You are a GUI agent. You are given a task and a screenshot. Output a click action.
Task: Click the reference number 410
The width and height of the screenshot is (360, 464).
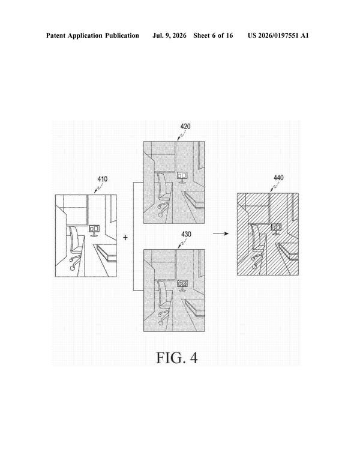coord(103,179)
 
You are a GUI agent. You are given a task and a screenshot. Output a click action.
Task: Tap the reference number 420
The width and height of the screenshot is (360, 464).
coord(185,127)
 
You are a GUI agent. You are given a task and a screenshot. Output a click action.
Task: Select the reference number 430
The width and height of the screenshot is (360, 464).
coord(186,234)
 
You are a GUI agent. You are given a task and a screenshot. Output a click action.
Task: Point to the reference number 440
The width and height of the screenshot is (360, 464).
coord(278,178)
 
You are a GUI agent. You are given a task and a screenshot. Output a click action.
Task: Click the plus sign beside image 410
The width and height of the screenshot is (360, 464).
coord(125,237)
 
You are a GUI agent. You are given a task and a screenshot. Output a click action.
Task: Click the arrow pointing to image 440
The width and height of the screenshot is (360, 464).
coord(221,234)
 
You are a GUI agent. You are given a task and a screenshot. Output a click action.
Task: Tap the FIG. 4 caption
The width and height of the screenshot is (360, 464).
coord(176,358)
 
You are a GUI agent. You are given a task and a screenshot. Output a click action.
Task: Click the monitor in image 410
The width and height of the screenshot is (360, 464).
coord(94,230)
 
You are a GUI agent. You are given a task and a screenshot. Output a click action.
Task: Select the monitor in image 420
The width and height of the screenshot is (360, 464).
coord(182,177)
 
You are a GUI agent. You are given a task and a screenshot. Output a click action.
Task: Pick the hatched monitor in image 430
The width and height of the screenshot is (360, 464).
coord(182,285)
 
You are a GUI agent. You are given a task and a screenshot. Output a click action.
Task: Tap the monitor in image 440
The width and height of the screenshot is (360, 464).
coord(276,229)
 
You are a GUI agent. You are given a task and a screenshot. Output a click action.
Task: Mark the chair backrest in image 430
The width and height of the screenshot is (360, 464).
coord(161,294)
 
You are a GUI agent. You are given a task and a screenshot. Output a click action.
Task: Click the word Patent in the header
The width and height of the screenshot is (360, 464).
coord(56,35)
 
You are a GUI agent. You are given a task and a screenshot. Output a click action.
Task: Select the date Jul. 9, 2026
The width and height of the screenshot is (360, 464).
coord(169,36)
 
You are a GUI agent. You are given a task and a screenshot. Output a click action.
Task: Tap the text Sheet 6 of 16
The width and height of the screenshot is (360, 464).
coord(213,35)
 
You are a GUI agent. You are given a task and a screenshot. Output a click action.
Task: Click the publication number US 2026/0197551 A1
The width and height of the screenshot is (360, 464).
coord(278,35)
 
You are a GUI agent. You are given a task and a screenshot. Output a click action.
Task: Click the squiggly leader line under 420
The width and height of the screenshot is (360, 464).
coord(181,135)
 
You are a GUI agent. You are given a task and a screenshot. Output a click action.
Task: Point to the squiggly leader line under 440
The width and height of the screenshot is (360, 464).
coord(274,187)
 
